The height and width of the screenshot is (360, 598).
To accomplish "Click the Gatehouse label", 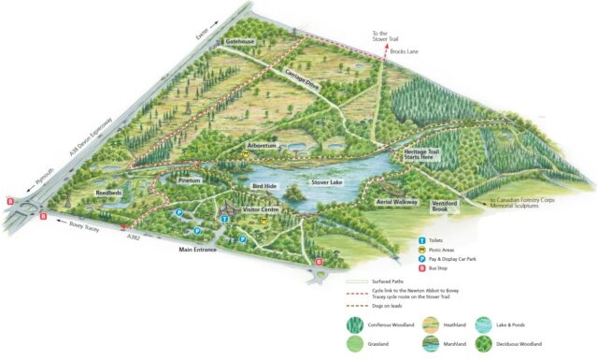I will tap(240, 43).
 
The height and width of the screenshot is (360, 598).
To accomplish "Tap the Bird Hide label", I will tap(266, 187).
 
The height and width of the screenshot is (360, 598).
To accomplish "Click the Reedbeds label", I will tap(110, 194).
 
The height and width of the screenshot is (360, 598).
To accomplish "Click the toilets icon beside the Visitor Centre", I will tap(226, 217).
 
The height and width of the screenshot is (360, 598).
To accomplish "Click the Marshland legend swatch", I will tap(432, 344).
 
